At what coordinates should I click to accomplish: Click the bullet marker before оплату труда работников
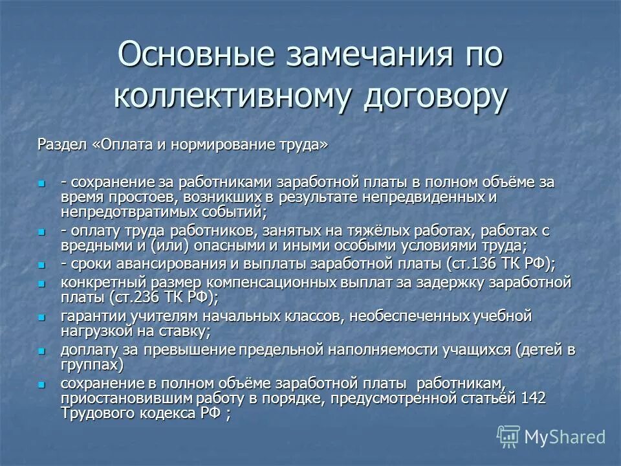coord(43,231)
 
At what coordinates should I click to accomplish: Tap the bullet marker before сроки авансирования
coord(43,264)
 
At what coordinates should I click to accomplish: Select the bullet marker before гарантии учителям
coord(43,317)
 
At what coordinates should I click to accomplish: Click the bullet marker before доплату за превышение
coord(43,351)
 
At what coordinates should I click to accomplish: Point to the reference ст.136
coord(477,264)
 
